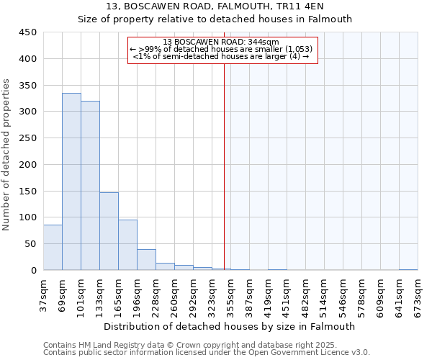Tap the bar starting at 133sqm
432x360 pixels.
(109, 231)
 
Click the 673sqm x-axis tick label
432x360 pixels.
(418, 294)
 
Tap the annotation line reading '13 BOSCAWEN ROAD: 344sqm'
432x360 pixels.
(222, 42)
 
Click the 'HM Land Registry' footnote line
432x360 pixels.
(205, 345)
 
